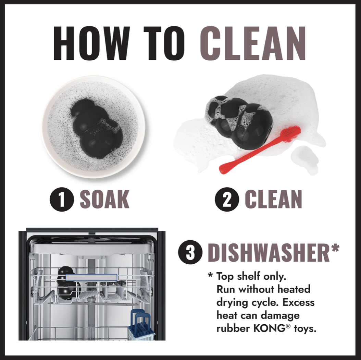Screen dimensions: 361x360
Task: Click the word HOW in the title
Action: tap(92, 43)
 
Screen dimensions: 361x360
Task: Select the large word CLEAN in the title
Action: tap(253, 43)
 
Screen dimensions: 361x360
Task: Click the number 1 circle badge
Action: tap(62, 199)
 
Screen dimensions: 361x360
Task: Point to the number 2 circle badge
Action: tap(227, 199)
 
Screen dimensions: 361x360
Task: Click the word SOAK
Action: tap(104, 199)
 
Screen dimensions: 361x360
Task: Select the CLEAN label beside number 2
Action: tap(273, 199)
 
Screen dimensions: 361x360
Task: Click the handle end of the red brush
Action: tap(223, 169)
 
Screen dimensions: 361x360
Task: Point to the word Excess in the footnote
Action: tap(298, 302)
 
